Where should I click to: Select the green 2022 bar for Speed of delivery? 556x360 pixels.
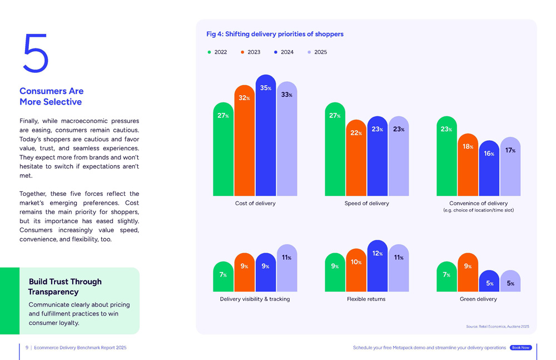(x=335, y=150)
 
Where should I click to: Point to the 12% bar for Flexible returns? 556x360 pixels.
(x=377, y=267)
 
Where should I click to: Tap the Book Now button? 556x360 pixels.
(x=520, y=348)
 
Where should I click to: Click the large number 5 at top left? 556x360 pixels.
(x=36, y=53)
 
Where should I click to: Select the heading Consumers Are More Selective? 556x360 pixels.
(x=51, y=96)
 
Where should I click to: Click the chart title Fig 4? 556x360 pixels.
(x=275, y=34)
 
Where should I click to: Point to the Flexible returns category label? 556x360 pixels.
(x=366, y=299)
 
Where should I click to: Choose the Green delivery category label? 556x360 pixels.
(x=478, y=299)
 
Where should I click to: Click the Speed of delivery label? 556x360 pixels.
(x=366, y=203)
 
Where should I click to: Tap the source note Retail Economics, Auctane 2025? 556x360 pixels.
(x=498, y=327)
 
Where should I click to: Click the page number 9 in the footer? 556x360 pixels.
(x=27, y=348)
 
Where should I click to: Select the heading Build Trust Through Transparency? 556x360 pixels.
(x=65, y=287)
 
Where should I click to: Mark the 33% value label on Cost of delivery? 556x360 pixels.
(x=286, y=95)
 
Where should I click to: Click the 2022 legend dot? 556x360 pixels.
(x=209, y=52)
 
